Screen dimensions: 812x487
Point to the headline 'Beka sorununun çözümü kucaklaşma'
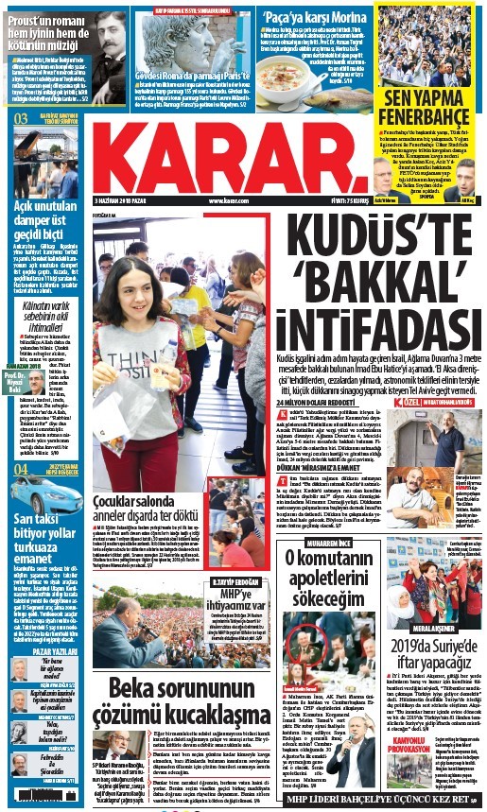170,726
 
